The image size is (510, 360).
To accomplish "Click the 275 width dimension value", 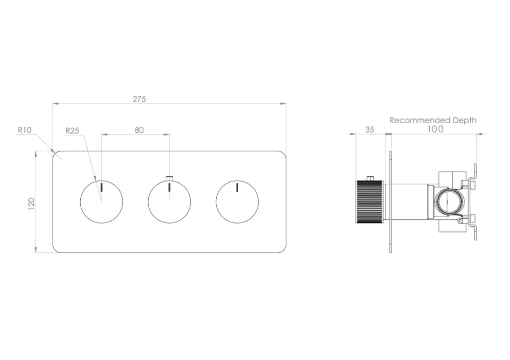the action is pos(139,99).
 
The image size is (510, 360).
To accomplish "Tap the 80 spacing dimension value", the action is pos(139,130).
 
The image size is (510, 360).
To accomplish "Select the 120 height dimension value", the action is pos(31,203).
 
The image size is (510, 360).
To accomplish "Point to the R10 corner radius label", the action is pos(24,130).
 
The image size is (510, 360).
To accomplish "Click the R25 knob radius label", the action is pos(72,131).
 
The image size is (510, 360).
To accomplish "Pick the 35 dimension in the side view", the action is pos(370,130).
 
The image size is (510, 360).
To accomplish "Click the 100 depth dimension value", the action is pos(435,129).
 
